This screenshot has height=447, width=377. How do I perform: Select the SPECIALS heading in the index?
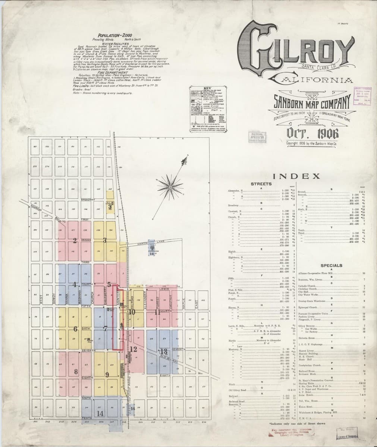tap(331, 266)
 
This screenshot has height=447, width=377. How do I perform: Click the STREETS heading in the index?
tap(261, 184)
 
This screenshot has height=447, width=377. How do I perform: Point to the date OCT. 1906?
tap(312, 132)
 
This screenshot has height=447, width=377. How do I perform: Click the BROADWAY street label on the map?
tap(87, 200)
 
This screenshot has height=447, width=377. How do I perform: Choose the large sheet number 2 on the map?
tap(75, 240)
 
